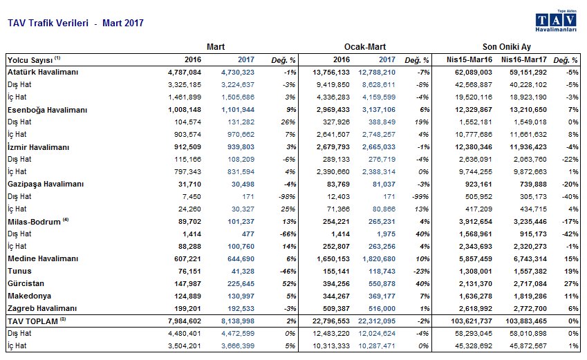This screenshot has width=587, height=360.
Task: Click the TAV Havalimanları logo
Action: (556, 21)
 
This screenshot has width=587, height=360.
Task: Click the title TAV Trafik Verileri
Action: (48, 23)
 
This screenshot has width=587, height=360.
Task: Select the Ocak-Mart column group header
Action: (365, 47)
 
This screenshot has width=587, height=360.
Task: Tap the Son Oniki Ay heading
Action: (507, 47)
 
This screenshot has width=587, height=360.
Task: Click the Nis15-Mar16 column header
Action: (469, 60)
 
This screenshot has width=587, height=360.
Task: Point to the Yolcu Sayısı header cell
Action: (34, 60)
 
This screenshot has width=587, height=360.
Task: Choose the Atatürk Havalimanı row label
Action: (43, 73)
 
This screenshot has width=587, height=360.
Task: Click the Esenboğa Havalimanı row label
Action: (47, 110)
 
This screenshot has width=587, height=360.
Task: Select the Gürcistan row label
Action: (26, 283)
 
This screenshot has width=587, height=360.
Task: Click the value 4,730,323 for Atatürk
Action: (238, 73)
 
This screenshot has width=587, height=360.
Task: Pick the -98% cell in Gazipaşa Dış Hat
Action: (288, 196)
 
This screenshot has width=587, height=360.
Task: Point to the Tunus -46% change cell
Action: (288, 271)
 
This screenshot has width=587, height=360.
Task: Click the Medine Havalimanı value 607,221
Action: (187, 258)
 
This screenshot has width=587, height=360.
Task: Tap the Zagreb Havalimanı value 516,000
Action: (382, 308)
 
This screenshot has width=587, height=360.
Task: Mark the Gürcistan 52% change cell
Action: (290, 284)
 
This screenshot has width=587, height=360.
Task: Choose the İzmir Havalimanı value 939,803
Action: (241, 147)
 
